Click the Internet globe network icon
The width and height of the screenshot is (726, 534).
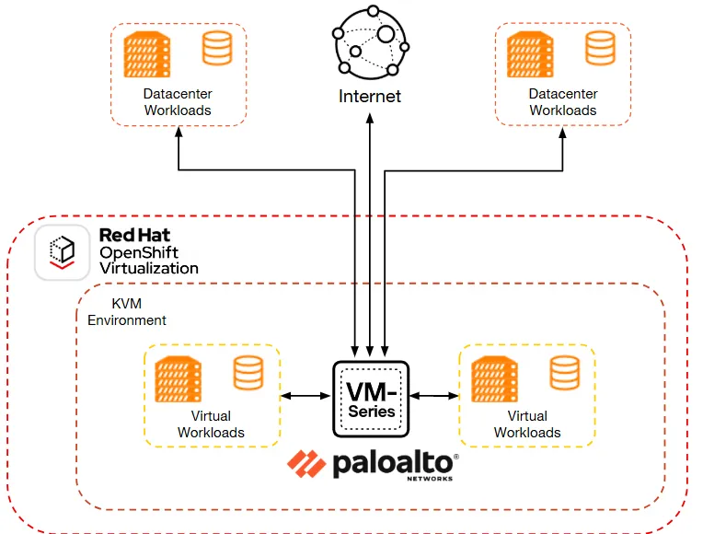(x=369, y=41)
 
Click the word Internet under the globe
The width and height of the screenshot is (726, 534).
(x=369, y=96)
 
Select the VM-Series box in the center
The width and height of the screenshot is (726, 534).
(x=370, y=397)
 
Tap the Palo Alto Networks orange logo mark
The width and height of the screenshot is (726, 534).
(x=304, y=464)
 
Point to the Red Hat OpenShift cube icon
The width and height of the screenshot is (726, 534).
(x=62, y=251)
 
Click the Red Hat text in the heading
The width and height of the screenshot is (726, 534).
(x=134, y=236)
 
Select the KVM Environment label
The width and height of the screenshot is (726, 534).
(x=127, y=312)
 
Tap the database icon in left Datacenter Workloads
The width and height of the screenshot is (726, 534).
(x=217, y=48)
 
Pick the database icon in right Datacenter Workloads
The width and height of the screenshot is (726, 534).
(x=600, y=48)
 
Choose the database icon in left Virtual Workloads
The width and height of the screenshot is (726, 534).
(x=248, y=373)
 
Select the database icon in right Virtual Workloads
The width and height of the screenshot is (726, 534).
(x=564, y=373)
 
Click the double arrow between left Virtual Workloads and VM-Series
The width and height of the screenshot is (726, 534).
(x=305, y=396)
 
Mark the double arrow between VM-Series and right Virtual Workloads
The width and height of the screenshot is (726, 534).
(x=435, y=396)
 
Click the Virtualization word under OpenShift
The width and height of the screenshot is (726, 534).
(x=149, y=268)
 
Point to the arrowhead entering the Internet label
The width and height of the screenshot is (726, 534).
(x=370, y=121)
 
